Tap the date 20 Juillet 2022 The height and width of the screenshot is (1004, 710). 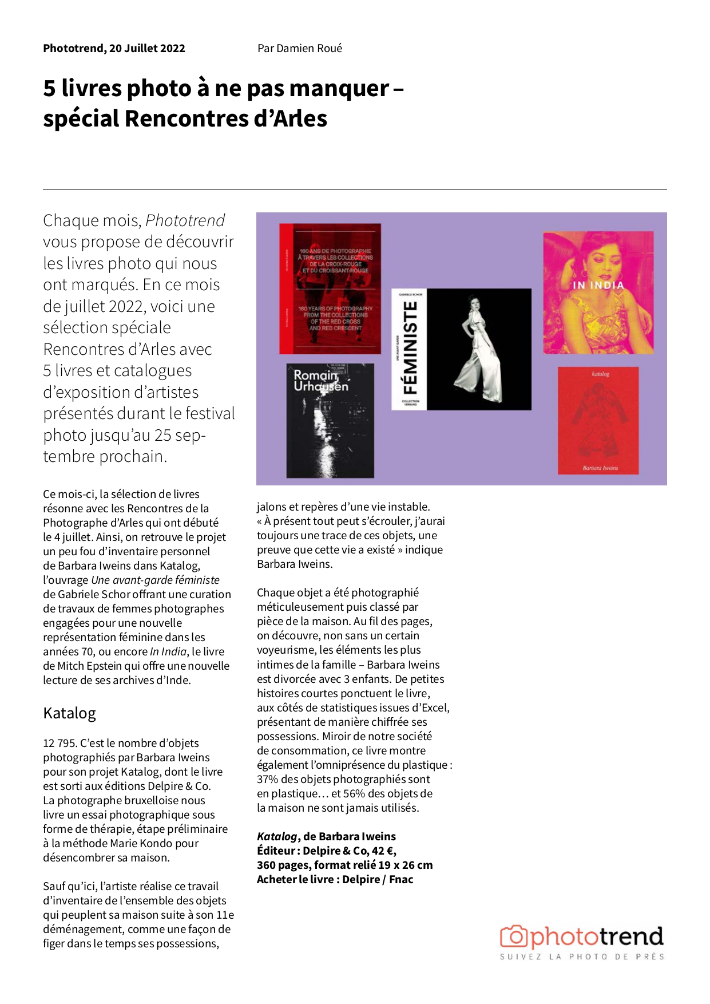147,48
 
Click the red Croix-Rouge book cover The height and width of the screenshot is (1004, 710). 330,288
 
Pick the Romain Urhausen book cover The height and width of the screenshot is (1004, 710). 330,421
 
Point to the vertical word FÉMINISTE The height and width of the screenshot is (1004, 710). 409,348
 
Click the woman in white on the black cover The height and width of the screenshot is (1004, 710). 479,349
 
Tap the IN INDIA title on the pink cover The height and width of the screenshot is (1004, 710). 598,284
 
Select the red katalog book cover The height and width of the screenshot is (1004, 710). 598,421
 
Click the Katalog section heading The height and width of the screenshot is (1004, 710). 69,713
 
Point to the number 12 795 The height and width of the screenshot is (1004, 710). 60,743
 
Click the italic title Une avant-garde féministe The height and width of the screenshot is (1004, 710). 155,580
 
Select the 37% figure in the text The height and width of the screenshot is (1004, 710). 267,779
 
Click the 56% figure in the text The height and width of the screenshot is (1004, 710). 354,793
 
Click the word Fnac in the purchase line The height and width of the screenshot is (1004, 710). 401,879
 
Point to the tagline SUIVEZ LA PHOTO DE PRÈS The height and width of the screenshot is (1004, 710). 582,956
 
